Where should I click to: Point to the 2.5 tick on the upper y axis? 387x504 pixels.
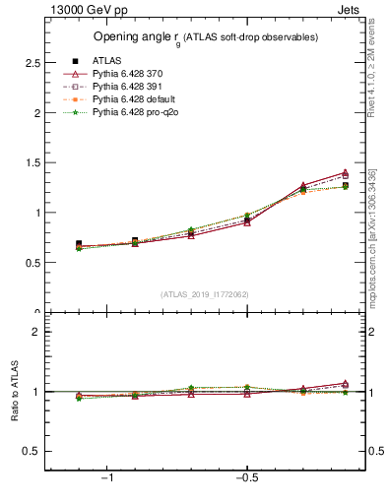pos(32,62)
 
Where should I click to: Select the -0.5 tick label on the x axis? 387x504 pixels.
pos(246,479)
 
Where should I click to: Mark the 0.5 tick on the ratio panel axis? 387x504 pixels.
pos(32,451)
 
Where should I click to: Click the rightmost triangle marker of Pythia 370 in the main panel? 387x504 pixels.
pos(345,173)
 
